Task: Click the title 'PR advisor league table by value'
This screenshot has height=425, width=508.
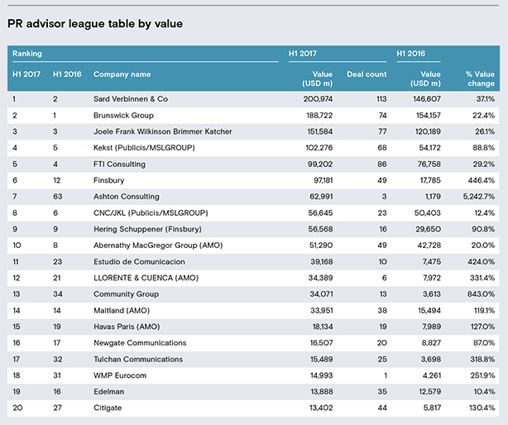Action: coord(95,24)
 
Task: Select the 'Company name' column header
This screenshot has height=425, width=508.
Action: coord(122,74)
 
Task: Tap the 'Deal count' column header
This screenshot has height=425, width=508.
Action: coord(367,74)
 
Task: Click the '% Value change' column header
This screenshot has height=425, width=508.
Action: coord(481,79)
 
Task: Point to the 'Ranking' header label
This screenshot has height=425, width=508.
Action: coord(27,54)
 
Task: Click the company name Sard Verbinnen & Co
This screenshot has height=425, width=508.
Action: coord(131,99)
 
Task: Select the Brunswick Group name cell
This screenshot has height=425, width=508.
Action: coord(123,116)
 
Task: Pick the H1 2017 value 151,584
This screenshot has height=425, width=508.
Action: coord(319,131)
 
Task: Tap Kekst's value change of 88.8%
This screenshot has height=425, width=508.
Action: coord(484,148)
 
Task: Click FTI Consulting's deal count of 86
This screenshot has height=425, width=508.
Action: coord(382,164)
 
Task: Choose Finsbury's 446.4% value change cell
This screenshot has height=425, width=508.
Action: coord(482,180)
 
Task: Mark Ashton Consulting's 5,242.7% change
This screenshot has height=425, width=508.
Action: coord(479,197)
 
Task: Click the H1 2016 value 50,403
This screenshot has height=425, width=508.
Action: coord(428,213)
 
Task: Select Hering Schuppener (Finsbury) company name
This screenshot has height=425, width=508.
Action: coord(147,229)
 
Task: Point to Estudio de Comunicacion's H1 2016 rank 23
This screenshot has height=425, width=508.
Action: coord(57,261)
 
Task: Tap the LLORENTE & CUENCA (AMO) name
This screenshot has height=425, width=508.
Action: coord(146,278)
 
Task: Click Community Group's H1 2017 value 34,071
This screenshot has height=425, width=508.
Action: coord(321,294)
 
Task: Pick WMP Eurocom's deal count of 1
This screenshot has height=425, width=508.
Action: coord(386,375)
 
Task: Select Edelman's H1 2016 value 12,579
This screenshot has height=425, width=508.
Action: coord(429,392)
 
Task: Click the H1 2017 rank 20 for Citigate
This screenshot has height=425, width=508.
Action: coord(17,408)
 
